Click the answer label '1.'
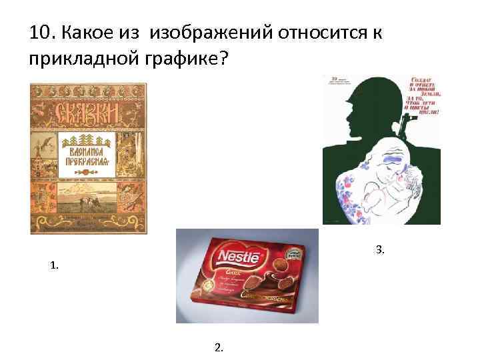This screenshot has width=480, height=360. [53, 265]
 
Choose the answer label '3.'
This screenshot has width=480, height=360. [380, 250]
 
